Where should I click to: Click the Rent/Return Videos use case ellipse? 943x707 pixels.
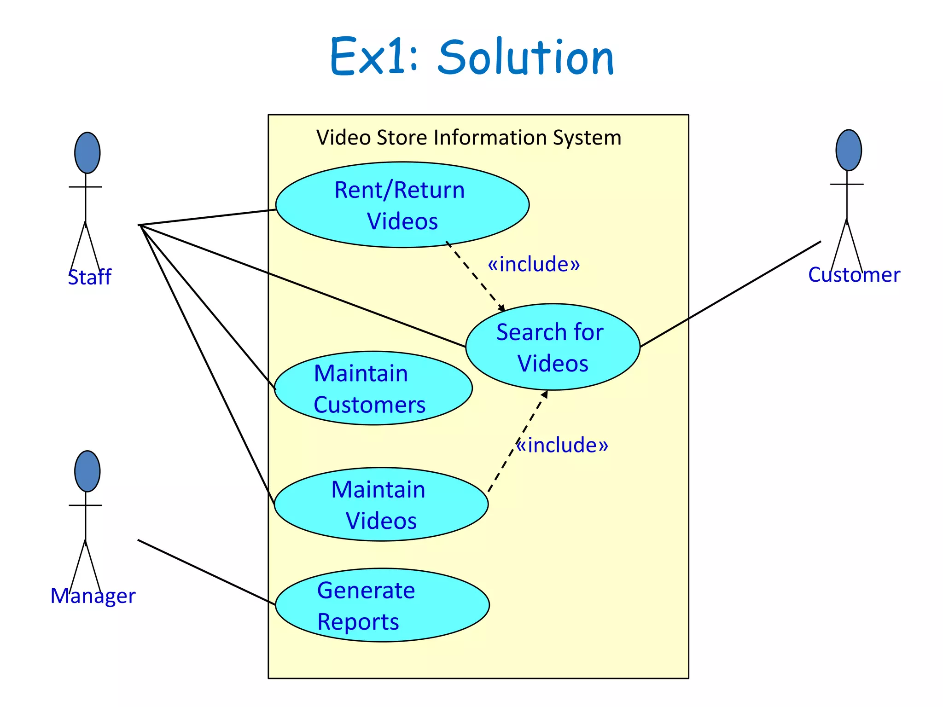point(402,205)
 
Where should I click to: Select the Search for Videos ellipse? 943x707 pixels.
point(552,347)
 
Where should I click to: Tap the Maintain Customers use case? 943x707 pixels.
point(373,388)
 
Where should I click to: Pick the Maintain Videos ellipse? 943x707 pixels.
point(381,504)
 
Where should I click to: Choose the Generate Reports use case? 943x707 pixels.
point(382,605)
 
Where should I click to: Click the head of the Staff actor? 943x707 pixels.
point(87,153)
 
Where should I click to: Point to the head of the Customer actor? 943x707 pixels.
point(848,150)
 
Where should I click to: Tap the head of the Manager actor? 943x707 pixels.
point(87,471)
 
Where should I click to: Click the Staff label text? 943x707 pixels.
point(90,277)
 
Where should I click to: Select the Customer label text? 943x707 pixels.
point(854,275)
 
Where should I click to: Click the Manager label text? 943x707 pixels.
point(93,596)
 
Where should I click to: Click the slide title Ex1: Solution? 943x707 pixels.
point(472,57)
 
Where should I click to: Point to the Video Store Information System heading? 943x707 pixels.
point(469,138)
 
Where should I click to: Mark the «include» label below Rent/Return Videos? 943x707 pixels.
point(534,264)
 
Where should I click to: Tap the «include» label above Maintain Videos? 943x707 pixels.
point(562,445)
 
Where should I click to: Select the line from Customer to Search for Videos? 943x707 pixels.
point(731,294)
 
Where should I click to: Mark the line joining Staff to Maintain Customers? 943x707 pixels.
point(207,307)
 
